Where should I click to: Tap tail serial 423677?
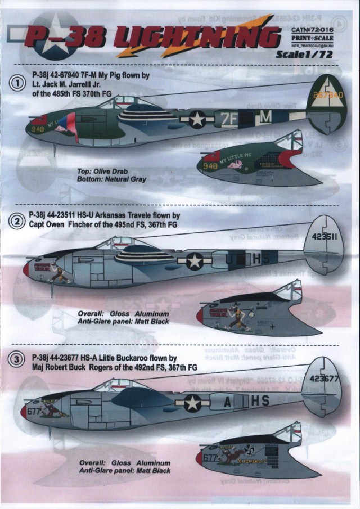click(326, 378)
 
